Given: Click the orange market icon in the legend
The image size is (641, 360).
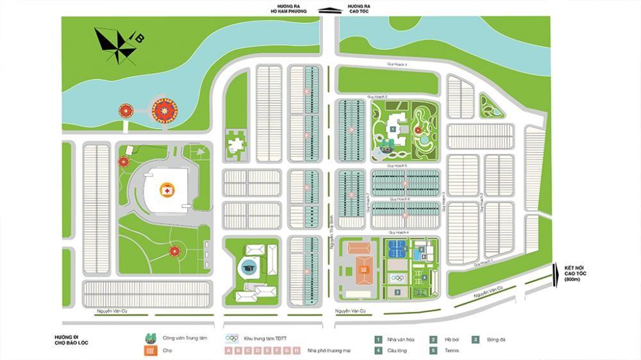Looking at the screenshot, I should point(151,350).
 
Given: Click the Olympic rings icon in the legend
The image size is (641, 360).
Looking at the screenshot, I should point(231,338).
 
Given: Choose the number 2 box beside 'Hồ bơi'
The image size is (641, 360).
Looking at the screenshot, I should point(434,339).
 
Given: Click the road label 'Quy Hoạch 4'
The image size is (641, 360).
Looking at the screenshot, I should point(399,233).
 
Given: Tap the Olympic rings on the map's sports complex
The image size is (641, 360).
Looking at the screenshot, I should point(397,277).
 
